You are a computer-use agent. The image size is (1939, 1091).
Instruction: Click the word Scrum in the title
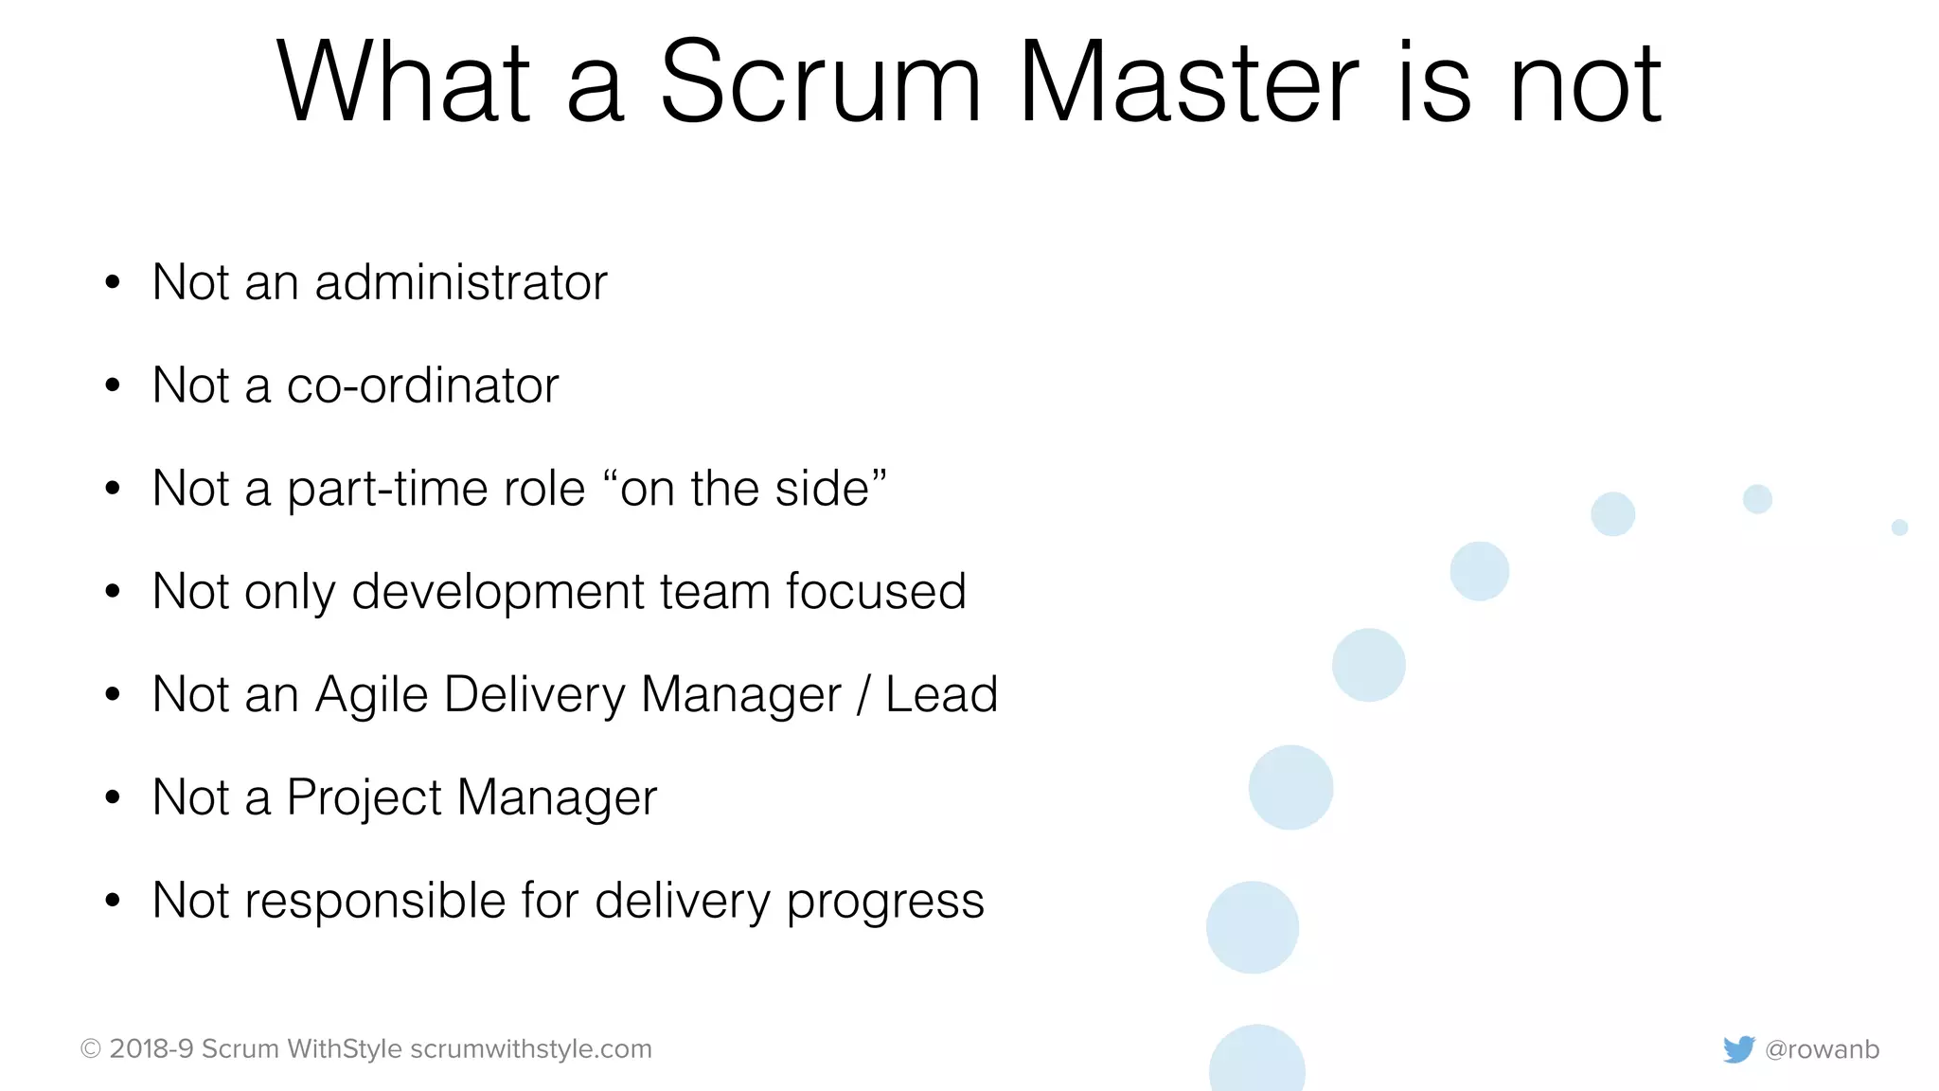coord(820,83)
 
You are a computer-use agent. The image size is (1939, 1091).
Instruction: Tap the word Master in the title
coord(1188,83)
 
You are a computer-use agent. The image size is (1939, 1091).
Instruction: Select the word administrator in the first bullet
coord(461,283)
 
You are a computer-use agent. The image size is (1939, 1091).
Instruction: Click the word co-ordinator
coord(422,386)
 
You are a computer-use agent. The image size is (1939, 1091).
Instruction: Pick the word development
coord(498,593)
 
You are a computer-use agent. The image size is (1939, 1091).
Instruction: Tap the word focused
coord(876,592)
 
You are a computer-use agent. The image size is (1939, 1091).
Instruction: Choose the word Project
coord(364,798)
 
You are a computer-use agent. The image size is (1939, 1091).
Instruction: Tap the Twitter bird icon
coord(1738,1049)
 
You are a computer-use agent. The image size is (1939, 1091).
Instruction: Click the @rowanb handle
coord(1823,1049)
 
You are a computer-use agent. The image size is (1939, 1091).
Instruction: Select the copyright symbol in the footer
coord(91,1049)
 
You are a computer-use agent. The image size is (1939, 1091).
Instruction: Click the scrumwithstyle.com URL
coord(531,1049)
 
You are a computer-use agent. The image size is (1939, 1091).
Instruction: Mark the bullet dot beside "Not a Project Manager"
coord(113,798)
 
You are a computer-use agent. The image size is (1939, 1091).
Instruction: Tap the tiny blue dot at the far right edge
coord(1899,528)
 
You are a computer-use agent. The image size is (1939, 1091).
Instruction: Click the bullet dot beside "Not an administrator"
coord(113,282)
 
